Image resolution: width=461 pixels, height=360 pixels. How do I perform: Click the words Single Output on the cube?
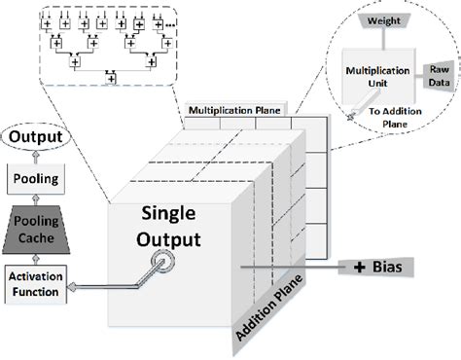tap(155, 226)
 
